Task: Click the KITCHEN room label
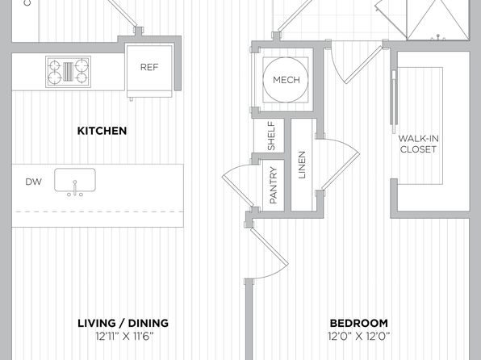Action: click(102, 131)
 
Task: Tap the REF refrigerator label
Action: click(149, 67)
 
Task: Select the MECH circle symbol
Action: click(285, 80)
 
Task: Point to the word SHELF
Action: click(271, 136)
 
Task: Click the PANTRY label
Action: click(273, 185)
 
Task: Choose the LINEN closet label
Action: click(302, 165)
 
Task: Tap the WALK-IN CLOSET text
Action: click(418, 144)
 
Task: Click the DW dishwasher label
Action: click(33, 182)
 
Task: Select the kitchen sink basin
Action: click(75, 180)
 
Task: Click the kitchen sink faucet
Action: click(75, 188)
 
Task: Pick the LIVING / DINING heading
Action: click(123, 323)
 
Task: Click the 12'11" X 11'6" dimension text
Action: click(124, 337)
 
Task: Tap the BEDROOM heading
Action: click(358, 323)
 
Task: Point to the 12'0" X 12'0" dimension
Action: click(358, 337)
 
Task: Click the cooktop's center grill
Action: click(68, 72)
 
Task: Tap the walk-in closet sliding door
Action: click(394, 101)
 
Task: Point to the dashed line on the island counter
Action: click(98, 211)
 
